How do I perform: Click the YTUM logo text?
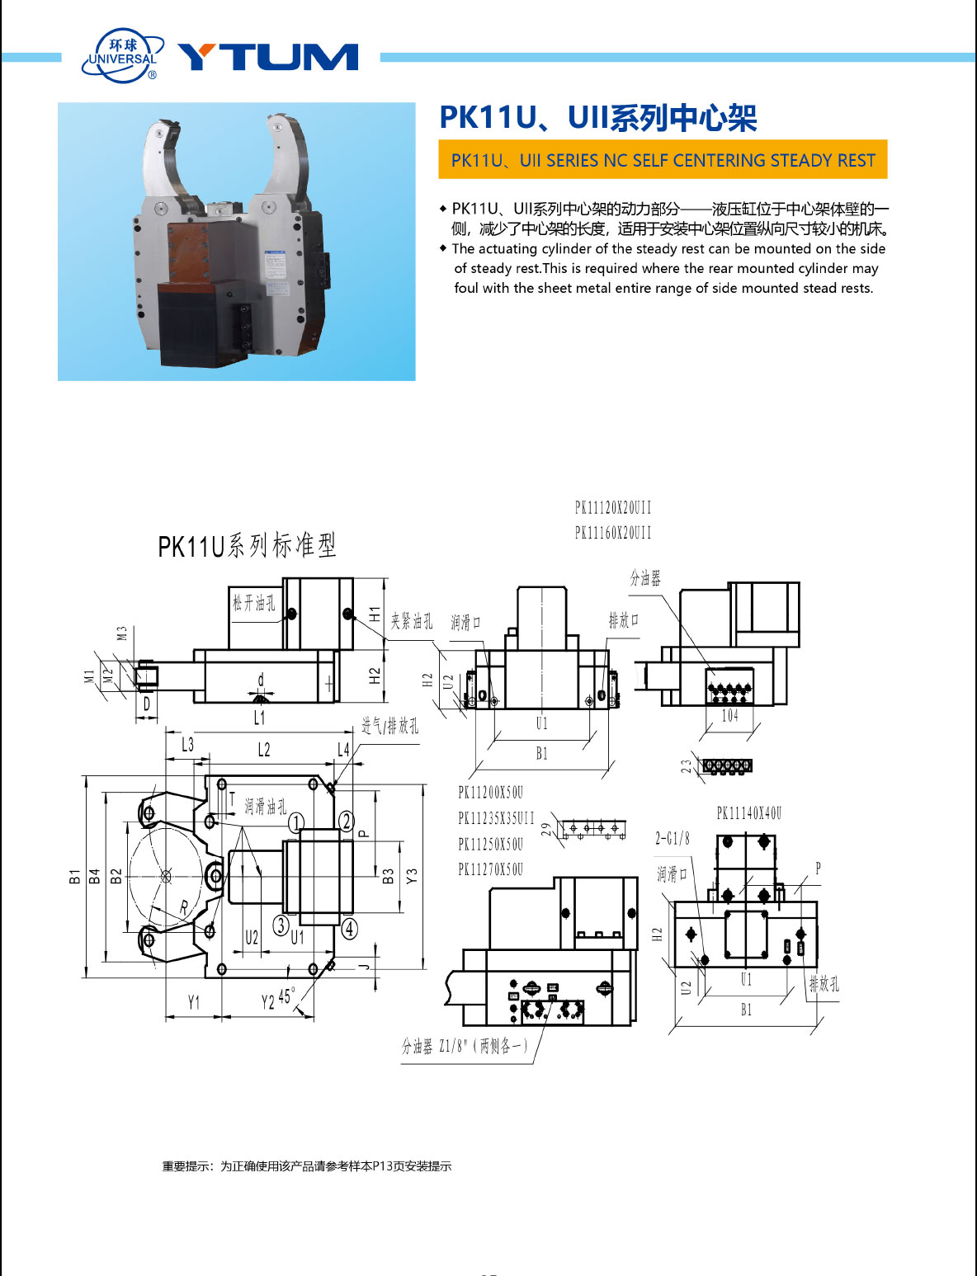pos(267,57)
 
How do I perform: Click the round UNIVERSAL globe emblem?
pos(122,56)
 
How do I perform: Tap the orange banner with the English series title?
pos(663,160)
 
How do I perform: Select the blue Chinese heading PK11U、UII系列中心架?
pos(597,118)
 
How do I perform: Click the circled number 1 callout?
pos(296,822)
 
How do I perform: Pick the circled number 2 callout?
pos(347,821)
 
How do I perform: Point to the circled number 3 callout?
pos(281,925)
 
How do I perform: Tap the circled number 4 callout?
pos(350,929)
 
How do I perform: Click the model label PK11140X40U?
pos(748,813)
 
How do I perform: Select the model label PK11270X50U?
pos(490,869)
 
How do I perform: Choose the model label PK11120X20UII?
pos(613,507)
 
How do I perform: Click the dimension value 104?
pos(729,716)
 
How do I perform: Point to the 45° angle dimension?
pos(286,996)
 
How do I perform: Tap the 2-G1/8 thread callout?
pos(673,839)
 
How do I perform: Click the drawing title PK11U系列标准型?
pos(247,545)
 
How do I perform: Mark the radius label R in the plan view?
pos(184,907)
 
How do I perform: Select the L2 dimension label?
pos(263,749)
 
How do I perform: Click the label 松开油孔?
pos(253,603)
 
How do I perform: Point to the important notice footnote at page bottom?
pos(306,1166)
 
